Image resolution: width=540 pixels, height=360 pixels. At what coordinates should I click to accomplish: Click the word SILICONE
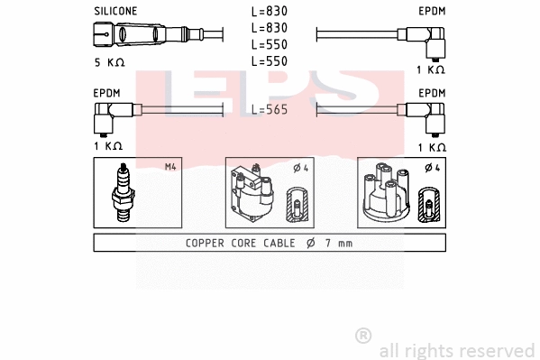click(x=115, y=11)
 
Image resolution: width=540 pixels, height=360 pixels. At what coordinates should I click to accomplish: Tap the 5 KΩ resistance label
click(x=109, y=62)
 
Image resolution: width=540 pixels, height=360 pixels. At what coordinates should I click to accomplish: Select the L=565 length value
click(x=269, y=109)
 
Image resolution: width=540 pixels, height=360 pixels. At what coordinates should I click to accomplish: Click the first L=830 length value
click(x=269, y=12)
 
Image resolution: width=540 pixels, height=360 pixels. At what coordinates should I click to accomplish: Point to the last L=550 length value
click(x=269, y=60)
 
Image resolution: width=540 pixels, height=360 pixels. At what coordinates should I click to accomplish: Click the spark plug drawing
click(x=123, y=192)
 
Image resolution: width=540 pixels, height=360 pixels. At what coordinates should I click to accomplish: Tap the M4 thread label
click(x=169, y=167)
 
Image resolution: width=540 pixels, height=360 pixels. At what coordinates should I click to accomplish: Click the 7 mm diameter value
click(x=339, y=243)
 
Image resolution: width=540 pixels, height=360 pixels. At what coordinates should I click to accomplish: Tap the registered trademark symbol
click(x=363, y=336)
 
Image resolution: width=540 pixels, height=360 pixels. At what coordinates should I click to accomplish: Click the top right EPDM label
click(x=432, y=11)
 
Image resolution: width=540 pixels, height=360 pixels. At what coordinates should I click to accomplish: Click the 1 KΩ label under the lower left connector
click(x=106, y=146)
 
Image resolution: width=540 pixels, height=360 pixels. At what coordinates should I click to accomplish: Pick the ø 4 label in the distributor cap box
click(x=432, y=167)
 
